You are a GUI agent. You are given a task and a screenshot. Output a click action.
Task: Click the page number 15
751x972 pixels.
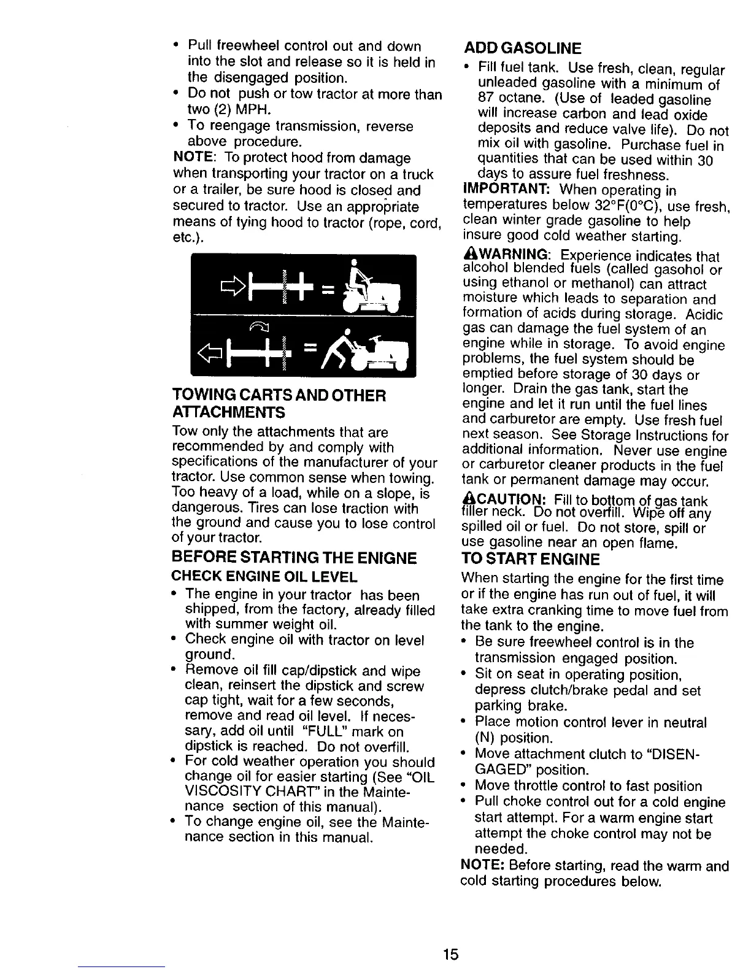coord(450,954)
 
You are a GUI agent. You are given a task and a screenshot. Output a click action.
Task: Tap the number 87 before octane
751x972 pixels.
coord(485,99)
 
